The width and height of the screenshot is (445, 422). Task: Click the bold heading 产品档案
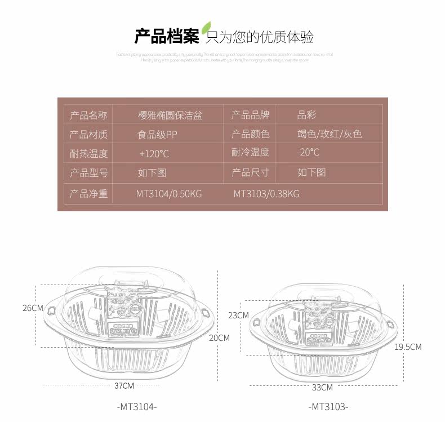(x=167, y=37)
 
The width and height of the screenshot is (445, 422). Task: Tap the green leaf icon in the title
(x=207, y=28)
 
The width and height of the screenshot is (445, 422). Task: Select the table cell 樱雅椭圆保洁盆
(x=170, y=116)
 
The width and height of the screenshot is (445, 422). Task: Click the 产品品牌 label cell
(x=251, y=116)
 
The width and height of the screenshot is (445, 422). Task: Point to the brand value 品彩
(x=307, y=116)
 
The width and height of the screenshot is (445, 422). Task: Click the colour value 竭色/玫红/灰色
(x=330, y=134)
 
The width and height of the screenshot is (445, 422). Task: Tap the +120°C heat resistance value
(x=154, y=153)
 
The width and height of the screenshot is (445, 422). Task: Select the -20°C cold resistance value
(x=308, y=152)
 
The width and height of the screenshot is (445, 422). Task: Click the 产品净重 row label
(x=88, y=194)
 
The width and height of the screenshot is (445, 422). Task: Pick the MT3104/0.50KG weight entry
(x=169, y=194)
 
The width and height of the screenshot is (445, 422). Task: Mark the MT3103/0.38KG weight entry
(x=266, y=194)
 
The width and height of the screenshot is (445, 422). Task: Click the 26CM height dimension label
(x=33, y=308)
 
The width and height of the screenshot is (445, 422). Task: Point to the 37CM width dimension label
(x=124, y=385)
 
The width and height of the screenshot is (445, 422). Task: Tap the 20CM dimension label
(x=219, y=338)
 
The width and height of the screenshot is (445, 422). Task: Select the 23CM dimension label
(x=238, y=316)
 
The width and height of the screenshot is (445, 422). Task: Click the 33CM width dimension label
(x=322, y=387)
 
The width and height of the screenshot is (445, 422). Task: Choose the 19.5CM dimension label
(x=408, y=347)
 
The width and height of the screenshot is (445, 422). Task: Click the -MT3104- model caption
(x=137, y=406)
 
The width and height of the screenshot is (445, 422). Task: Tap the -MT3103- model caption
(x=328, y=406)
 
